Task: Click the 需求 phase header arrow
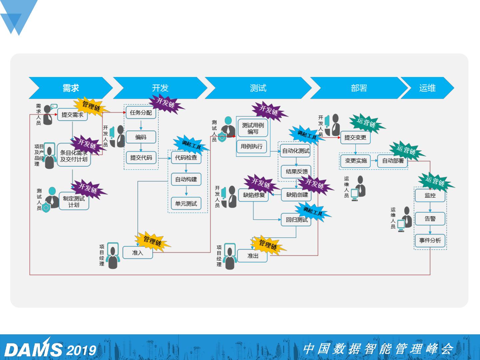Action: pos(71,88)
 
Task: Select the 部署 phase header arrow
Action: pos(359,88)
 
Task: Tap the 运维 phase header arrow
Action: pos(427,88)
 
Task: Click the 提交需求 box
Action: pos(72,115)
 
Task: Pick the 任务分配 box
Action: pos(141,113)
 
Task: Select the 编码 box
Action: pos(141,137)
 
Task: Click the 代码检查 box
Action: pos(186,157)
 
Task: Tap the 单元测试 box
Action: pos(186,203)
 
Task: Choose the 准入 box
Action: pos(138,253)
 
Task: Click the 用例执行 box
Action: pos(252,146)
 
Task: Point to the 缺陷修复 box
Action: pos(254,195)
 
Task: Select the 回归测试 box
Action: pos(296,220)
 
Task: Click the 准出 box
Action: pos(253,256)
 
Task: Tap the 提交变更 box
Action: pos(355,137)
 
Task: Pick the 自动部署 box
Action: pos(393,161)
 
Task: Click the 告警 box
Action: pos(430,219)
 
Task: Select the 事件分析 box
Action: pos(430,240)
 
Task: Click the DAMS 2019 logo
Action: pos(50,349)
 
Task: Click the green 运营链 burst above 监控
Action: pos(435,182)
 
